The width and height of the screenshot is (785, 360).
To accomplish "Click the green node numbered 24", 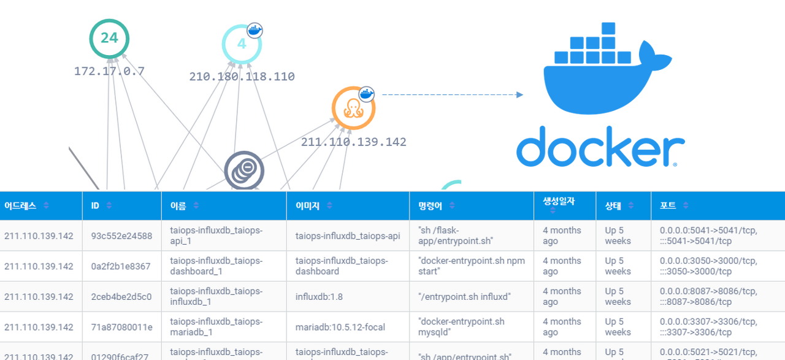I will [109, 39].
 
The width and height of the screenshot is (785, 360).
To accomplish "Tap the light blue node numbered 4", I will [241, 44].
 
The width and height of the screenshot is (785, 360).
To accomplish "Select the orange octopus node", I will [353, 108].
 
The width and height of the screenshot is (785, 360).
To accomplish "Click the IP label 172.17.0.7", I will [109, 71].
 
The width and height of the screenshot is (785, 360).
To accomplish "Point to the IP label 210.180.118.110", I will [242, 77].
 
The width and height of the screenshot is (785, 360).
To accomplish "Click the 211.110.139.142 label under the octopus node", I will [353, 142].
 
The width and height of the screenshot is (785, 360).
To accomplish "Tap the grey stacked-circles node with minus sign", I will [244, 170].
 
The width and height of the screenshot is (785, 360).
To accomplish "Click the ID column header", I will [95, 206].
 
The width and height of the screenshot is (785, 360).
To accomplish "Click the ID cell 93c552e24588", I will [121, 236].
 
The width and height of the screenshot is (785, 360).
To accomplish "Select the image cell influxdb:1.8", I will [319, 297].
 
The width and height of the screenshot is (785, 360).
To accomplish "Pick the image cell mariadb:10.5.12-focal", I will [340, 327].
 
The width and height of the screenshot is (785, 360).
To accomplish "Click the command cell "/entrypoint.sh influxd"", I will [464, 297].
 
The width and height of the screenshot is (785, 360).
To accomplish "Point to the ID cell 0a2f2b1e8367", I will [120, 266].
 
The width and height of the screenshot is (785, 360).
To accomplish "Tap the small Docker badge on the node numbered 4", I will [255, 30].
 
